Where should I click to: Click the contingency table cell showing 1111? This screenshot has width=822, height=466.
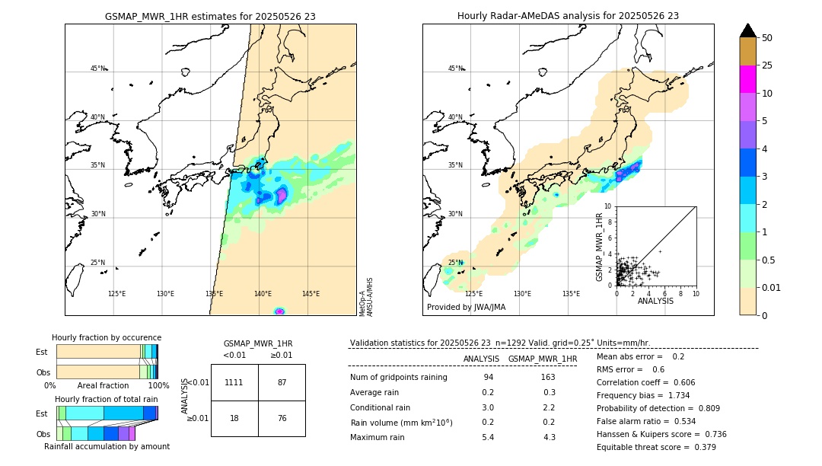234,382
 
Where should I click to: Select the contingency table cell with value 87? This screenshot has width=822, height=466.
282,382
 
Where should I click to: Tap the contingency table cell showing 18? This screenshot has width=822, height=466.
234,418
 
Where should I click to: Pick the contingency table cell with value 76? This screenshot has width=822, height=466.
282,418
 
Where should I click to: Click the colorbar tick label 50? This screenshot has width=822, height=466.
767,38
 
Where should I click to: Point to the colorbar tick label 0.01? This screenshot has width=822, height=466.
772,287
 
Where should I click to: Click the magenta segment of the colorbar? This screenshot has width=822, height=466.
747,79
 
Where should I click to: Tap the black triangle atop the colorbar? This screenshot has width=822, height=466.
747,30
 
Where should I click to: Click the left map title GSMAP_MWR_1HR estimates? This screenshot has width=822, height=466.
210,16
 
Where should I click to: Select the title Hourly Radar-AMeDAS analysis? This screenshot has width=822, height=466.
568,16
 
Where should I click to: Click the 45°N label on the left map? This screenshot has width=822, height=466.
97,69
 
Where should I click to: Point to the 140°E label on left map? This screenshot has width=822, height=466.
263,294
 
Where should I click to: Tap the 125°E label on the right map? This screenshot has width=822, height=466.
473,294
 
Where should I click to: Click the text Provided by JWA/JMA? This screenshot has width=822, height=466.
466,308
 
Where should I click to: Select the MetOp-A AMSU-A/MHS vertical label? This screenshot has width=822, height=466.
365,296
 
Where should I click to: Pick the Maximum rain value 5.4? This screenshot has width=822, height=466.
488,437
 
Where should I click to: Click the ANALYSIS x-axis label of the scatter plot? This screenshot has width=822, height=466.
655,301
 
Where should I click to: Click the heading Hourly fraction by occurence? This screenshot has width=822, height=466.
107,337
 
